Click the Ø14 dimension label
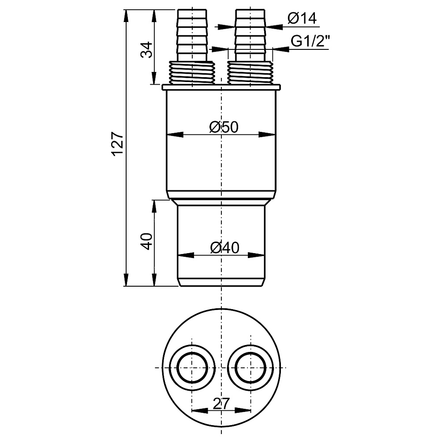pos(302,19)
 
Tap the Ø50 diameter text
pos(224,127)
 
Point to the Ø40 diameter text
pos(224,248)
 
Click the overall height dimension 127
pos(117,143)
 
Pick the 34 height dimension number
pos(147,49)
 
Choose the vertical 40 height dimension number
pos(147,242)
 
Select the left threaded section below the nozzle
pos(192,72)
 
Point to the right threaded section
pos(250,72)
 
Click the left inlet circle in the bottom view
pos(192,368)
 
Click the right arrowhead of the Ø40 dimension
pos(258,255)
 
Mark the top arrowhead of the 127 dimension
pos(126,16)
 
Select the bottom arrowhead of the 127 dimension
pos(126,280)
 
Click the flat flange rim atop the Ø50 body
pos(221,87)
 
